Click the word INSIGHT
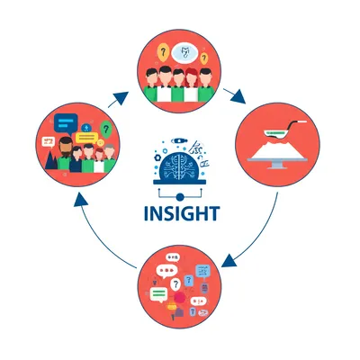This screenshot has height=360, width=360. click(x=180, y=216)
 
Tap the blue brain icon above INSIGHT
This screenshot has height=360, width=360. click(x=179, y=168)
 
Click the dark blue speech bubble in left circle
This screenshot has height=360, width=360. click(x=64, y=121)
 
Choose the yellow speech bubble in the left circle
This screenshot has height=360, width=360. click(x=85, y=138)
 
